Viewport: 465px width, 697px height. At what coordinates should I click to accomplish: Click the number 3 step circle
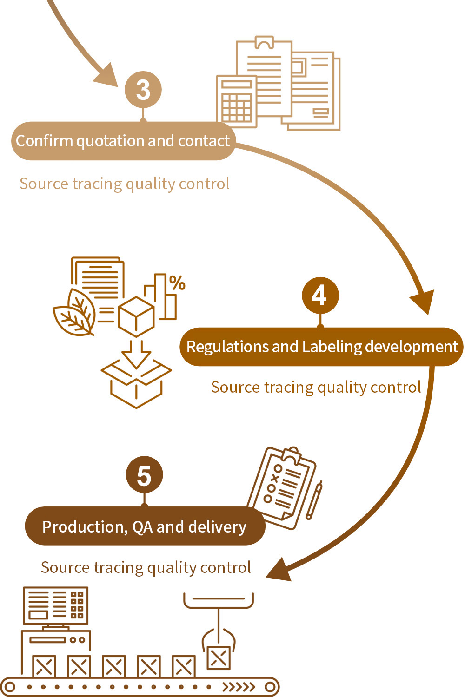pyautogui.click(x=143, y=90)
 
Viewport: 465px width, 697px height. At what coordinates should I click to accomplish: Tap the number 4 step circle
pyautogui.click(x=320, y=296)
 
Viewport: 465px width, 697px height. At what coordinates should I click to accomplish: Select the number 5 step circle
pyautogui.click(x=144, y=475)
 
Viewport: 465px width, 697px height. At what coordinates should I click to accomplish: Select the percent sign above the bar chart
pyautogui.click(x=177, y=283)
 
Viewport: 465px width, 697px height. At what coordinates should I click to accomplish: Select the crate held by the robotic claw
pyautogui.click(x=219, y=657)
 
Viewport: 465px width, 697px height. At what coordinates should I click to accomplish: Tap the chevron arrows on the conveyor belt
pyautogui.click(x=239, y=687)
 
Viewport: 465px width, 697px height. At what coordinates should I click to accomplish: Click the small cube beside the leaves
pyautogui.click(x=136, y=316)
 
